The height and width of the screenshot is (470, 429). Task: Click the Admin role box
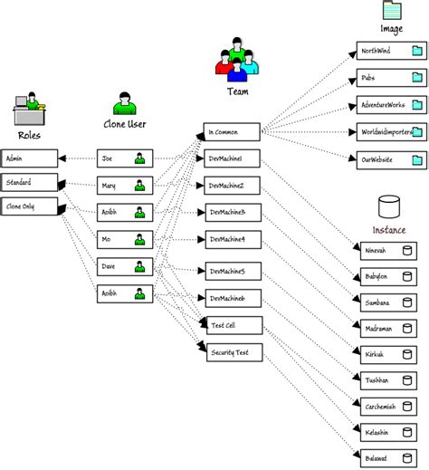click(30, 158)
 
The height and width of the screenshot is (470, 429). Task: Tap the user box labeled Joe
click(123, 158)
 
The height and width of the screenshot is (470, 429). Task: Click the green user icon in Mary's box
click(139, 187)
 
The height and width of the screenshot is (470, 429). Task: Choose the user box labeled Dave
click(123, 267)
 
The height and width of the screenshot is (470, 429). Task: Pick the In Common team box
click(232, 132)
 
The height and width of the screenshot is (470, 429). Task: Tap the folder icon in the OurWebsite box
click(417, 161)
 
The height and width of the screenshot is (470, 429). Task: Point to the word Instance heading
click(389, 230)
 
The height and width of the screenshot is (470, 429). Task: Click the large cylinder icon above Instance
click(389, 206)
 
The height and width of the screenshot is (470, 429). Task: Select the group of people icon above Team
click(237, 58)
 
